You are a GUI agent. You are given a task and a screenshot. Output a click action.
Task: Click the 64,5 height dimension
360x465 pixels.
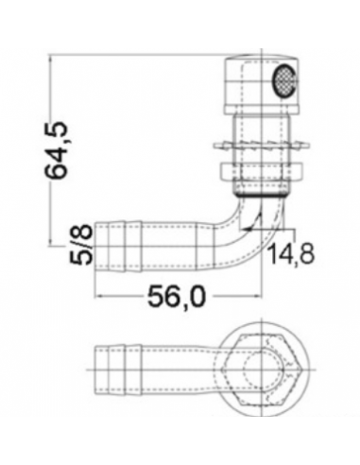coord(56,149)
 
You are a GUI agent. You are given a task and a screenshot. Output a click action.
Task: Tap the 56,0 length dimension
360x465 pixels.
coord(177,297)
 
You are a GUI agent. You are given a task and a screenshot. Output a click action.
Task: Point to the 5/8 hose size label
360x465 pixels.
coord(81,244)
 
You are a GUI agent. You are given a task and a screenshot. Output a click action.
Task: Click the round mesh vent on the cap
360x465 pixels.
coord(284,80)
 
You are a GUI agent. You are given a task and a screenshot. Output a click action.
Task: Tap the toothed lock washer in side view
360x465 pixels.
coord(261,146)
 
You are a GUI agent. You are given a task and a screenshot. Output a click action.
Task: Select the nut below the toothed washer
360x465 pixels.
coord(261,171)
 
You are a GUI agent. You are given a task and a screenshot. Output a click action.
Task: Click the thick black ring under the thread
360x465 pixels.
coord(261,196)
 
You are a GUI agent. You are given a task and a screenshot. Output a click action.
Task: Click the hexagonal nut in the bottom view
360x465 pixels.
coord(262,370)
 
